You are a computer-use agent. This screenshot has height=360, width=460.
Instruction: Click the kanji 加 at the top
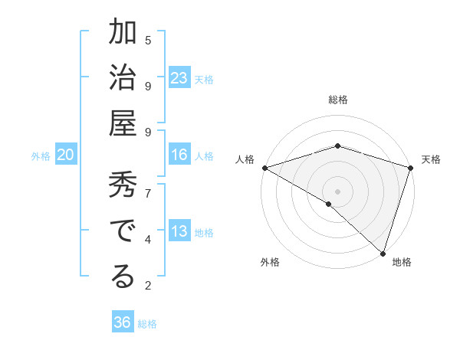pos(123,35)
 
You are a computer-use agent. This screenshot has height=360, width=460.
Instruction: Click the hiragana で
pos(123,232)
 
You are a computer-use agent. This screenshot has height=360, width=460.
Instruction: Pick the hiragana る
pos(123,277)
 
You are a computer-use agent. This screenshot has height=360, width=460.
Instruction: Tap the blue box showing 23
pos(179,78)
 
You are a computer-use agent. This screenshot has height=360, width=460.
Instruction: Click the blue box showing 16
pos(179,155)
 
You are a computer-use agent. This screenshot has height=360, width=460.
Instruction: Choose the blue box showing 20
pos(65,155)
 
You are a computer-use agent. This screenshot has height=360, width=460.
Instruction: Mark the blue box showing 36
pos(123,322)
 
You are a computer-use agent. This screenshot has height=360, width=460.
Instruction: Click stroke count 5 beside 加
pos(148,40)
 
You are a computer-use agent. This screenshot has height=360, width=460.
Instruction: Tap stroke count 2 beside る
pos(148,286)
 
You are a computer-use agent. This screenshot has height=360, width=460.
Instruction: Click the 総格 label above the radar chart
pos(337,100)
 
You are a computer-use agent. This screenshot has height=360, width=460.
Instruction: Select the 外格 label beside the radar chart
pos(270,262)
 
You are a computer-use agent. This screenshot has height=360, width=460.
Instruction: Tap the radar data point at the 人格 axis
pos(264,168)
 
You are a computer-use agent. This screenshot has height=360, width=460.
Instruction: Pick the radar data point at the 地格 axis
pos(383,254)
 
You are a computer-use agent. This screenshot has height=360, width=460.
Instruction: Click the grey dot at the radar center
pos(337,191)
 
